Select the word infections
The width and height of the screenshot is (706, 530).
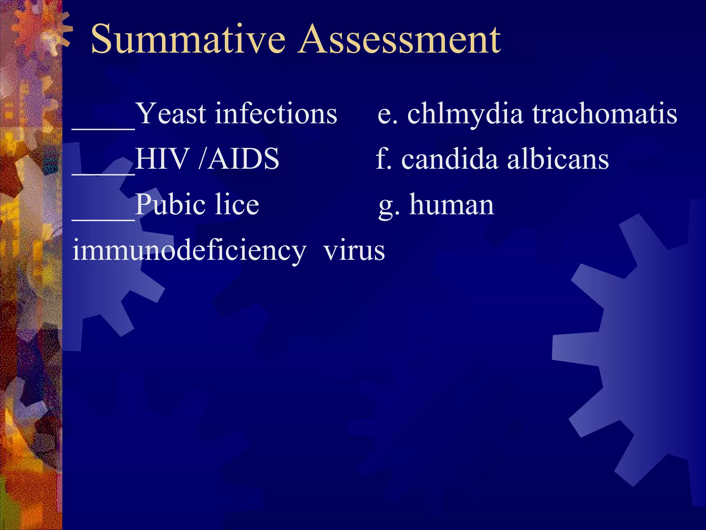click(276, 114)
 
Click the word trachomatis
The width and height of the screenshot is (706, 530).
click(605, 114)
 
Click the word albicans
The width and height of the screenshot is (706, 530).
click(558, 159)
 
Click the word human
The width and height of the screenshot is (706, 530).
click(452, 205)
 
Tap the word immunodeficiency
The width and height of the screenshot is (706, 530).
click(189, 251)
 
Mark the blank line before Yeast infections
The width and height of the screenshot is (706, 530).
click(103, 128)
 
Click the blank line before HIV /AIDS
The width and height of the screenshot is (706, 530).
click(103, 174)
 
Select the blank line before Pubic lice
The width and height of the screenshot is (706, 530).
click(103, 219)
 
